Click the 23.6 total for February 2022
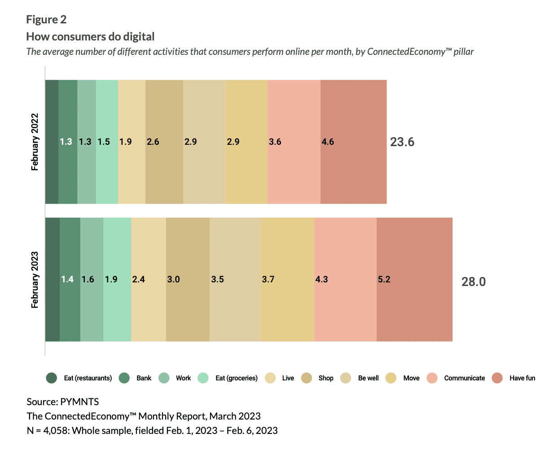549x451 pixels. pos(402,142)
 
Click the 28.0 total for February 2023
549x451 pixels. pos(473,282)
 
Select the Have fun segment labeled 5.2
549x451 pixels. pos(414,279)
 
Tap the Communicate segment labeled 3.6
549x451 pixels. pos(294,142)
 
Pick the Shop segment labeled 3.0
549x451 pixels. pos(188,279)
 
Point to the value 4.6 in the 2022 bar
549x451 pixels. pos(328,142)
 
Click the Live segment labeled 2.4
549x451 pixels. pos(148,279)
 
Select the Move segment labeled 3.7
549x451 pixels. pos(287,279)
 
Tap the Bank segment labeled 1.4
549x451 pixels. pos(70,279)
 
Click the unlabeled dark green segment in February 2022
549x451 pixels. pos(52,142)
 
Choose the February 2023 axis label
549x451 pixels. pos(35,280)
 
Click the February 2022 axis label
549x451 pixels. pos(35,142)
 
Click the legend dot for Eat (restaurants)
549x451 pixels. pos(52,378)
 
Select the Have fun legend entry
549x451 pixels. pos(522,378)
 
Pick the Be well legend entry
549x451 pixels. pos(368,378)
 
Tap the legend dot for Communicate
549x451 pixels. pos(432,378)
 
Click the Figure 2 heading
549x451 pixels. pos(46,19)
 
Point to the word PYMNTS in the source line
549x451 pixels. pos(79,402)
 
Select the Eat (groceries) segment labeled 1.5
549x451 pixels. pos(107,142)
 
